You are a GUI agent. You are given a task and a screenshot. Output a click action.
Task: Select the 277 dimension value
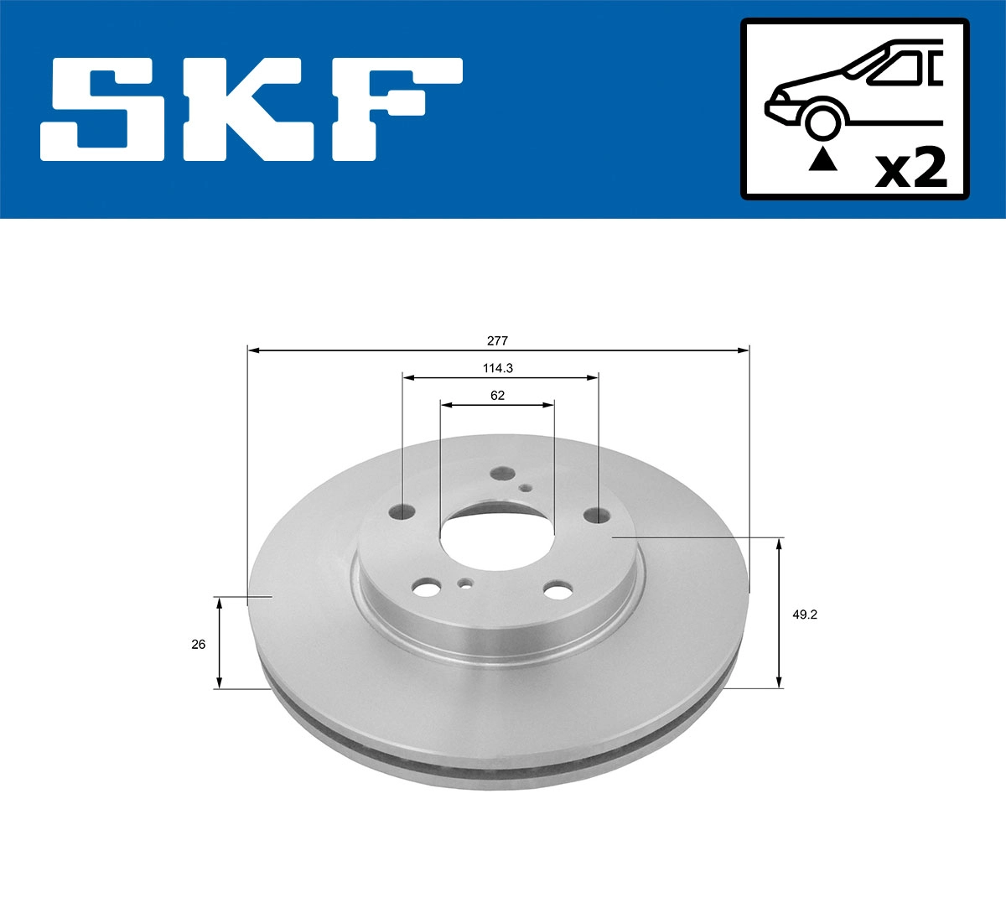[x=498, y=341]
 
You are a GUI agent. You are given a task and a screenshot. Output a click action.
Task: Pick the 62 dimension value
[x=498, y=396]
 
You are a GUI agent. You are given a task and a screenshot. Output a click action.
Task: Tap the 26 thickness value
[x=199, y=644]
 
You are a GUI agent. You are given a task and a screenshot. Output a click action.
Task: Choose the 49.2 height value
[x=804, y=615]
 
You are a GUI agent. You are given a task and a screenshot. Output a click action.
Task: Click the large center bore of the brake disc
[x=497, y=537]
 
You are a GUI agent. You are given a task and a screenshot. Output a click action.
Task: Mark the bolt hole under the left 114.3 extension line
[x=403, y=510]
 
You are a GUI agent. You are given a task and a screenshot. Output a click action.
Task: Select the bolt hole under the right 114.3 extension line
[x=597, y=514]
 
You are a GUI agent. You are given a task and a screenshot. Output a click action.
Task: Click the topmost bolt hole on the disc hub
[x=502, y=474]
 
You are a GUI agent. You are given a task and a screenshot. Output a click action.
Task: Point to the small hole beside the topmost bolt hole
[x=526, y=488]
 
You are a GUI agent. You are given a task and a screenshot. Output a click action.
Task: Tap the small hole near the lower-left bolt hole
[x=464, y=583]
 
